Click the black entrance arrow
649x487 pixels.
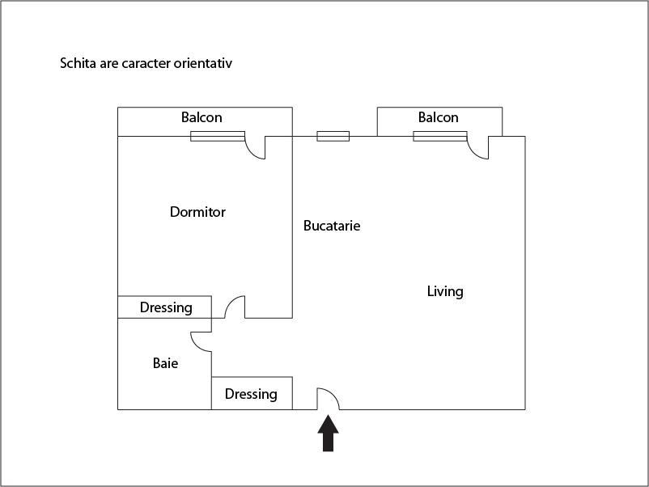tap(329, 433)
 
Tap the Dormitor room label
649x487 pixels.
tap(197, 212)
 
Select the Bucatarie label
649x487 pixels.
tap(332, 226)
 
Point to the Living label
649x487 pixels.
tap(445, 292)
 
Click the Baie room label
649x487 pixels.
tap(166, 363)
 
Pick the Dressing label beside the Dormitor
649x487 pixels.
tap(166, 307)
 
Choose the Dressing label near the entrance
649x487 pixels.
tap(251, 394)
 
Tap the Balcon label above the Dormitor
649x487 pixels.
tap(201, 117)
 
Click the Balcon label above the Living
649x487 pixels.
tap(439, 117)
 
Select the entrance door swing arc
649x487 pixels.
tap(329, 399)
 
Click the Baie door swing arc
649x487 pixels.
tap(201, 341)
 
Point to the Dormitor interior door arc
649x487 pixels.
tap(235, 307)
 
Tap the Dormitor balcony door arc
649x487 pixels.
tap(255, 148)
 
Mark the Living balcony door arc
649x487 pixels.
tap(477, 148)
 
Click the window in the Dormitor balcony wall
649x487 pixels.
tap(218, 136)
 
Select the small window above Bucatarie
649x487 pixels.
tap(333, 136)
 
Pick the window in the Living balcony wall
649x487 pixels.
tap(440, 136)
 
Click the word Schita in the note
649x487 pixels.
tap(78, 63)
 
